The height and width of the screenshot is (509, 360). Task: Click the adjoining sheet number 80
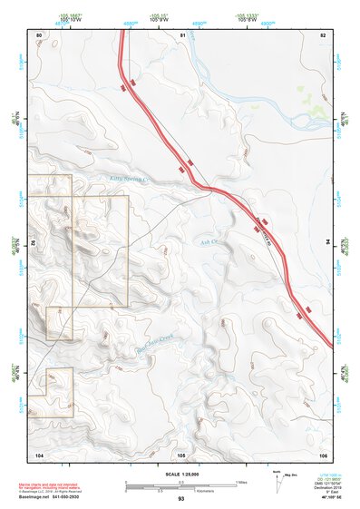click(39, 35)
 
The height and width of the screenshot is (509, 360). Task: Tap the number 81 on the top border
click(182, 35)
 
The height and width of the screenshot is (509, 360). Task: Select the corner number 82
click(323, 35)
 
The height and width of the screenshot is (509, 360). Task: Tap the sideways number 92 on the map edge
click(36, 243)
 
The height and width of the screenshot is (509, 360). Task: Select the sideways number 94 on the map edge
click(326, 243)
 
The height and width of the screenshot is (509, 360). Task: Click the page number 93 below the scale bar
click(181, 499)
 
